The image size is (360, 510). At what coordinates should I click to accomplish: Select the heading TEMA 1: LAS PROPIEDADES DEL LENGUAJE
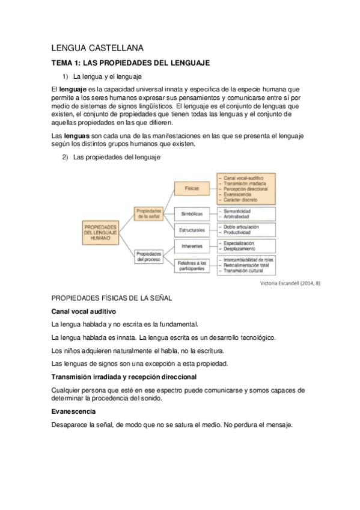tap(130, 63)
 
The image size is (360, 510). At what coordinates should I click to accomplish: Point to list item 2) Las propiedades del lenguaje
tap(112, 157)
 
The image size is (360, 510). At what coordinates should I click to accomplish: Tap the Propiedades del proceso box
tap(148, 256)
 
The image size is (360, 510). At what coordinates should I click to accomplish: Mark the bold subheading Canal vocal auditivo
tap(84, 311)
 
